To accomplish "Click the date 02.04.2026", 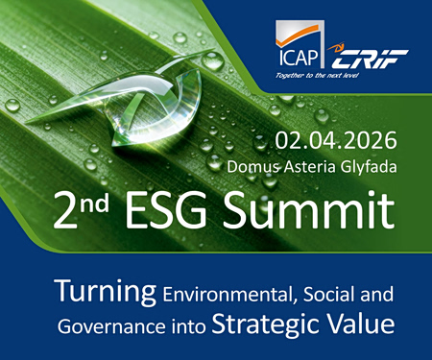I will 334,141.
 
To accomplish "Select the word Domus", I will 252,166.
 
